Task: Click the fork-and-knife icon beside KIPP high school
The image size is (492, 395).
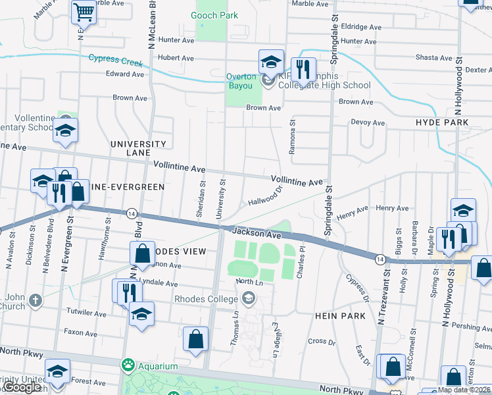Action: click(x=303, y=68)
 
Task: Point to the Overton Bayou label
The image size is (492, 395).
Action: click(x=245, y=76)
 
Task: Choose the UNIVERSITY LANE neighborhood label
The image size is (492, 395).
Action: click(x=138, y=148)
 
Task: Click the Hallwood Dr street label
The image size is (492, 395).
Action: click(x=265, y=195)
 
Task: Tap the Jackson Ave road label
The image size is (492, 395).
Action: click(x=256, y=232)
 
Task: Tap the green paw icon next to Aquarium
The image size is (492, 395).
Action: click(x=126, y=365)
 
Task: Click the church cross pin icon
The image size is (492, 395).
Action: click(x=36, y=302)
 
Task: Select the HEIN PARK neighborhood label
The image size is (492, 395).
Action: click(x=340, y=316)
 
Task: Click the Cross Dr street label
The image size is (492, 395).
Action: click(x=322, y=341)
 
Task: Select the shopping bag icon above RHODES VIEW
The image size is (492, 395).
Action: click(x=143, y=253)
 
